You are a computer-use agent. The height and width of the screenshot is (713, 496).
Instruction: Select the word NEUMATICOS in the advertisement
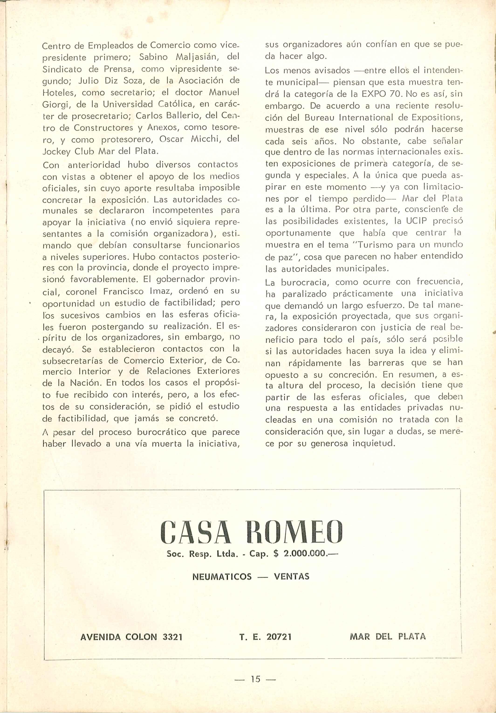coord(222,577)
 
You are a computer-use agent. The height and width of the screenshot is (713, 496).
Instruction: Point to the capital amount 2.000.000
coord(306,553)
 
